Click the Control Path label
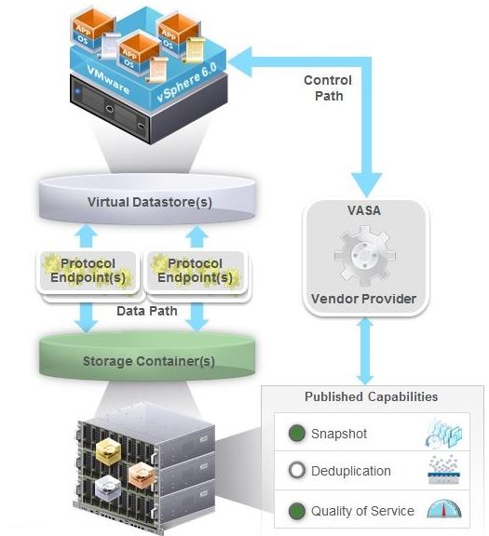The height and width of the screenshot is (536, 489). coord(328,87)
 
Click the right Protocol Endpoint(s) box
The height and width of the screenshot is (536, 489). coord(196,271)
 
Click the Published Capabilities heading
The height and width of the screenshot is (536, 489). coord(371,397)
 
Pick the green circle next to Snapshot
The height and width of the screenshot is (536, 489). coord(297,434)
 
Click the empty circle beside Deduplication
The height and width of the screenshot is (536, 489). coord(297,471)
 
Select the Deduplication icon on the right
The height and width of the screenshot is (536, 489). coord(444,471)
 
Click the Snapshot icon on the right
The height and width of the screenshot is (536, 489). coord(444,433)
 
